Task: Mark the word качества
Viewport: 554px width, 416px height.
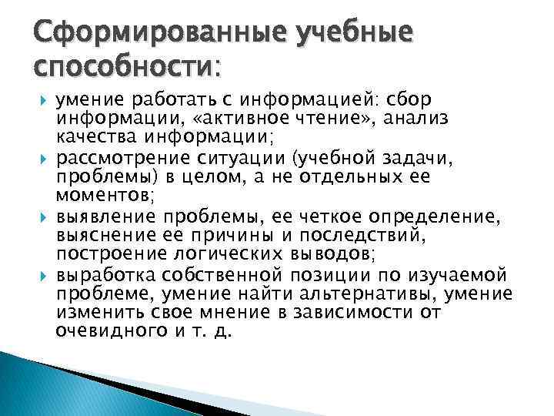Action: (x=92, y=137)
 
